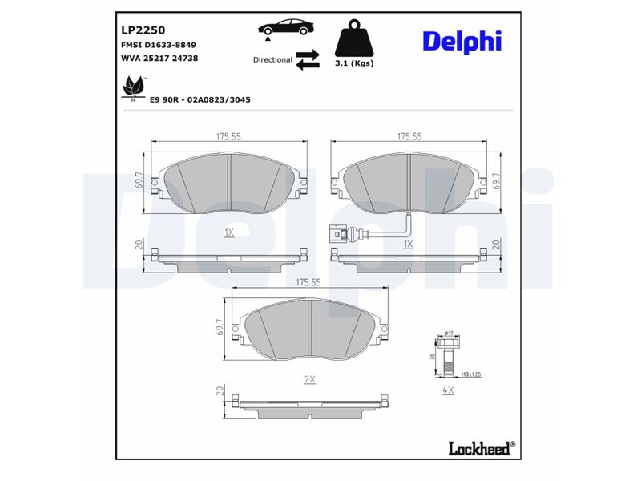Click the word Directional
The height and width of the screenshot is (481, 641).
(x=272, y=60)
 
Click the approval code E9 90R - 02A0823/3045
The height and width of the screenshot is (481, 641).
(x=200, y=99)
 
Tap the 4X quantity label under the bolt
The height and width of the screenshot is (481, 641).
(x=448, y=390)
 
